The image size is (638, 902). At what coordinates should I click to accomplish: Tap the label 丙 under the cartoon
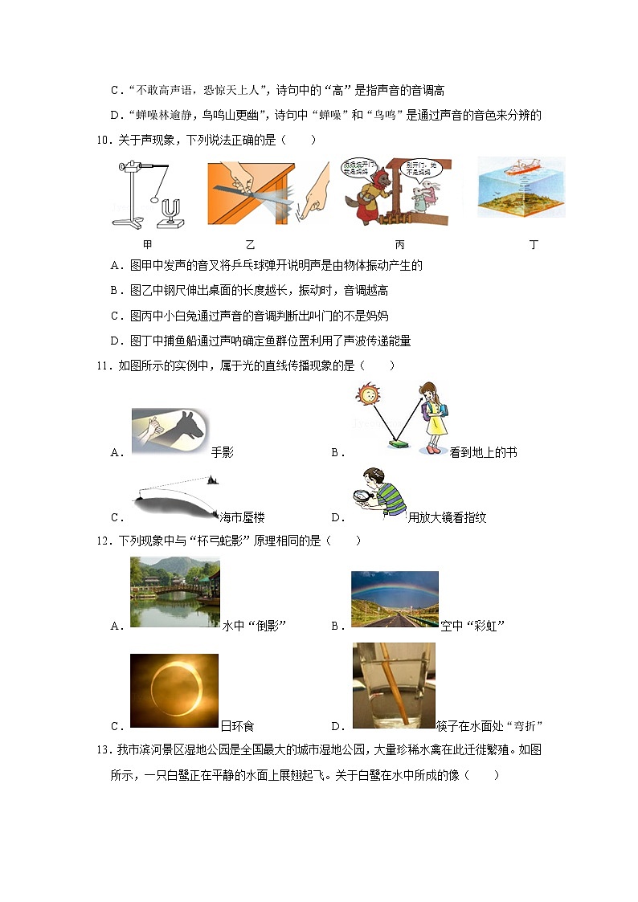point(399,244)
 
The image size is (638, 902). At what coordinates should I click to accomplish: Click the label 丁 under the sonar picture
point(534,244)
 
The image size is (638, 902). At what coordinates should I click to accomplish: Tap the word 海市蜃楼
point(241,518)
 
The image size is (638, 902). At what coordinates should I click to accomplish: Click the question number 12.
point(102,541)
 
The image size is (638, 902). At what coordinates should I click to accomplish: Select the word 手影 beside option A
point(222,452)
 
